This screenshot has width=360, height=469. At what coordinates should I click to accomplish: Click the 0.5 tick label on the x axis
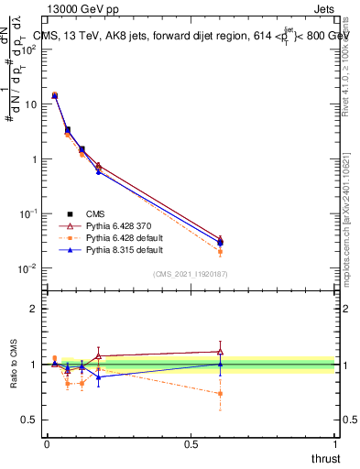(x=191, y=444)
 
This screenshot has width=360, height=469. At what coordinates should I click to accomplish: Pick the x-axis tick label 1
(x=336, y=444)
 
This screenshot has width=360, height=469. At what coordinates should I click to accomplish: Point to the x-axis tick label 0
(x=47, y=444)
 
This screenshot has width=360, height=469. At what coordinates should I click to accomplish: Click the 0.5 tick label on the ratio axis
(x=29, y=420)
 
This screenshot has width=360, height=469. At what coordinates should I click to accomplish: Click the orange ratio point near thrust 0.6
(x=220, y=394)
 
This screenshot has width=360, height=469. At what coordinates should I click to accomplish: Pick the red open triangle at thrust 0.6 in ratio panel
(x=220, y=351)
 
